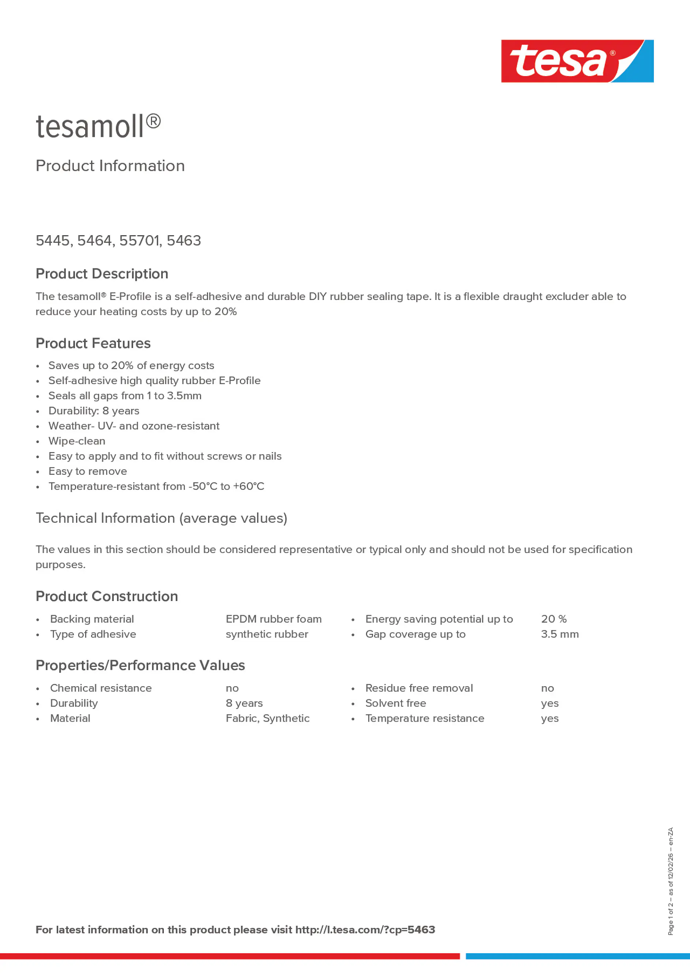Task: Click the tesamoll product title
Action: pos(98,127)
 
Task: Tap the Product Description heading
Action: pos(102,274)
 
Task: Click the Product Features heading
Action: pos(93,343)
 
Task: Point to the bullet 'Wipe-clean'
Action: pos(76,441)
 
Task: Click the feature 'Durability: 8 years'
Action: pos(94,411)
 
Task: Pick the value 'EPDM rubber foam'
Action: pos(273,619)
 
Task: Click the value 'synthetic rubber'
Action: pos(267,634)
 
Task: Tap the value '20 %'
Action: pos(554,619)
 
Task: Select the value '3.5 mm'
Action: pos(559,634)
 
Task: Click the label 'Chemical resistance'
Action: pos(101,688)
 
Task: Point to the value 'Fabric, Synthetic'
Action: pos(267,718)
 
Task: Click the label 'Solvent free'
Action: pos(395,703)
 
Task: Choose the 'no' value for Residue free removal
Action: pos(547,688)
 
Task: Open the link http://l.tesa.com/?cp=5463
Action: pos(365,929)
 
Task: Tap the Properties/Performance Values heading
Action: pos(140,665)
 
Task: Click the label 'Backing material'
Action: pos(91,619)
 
